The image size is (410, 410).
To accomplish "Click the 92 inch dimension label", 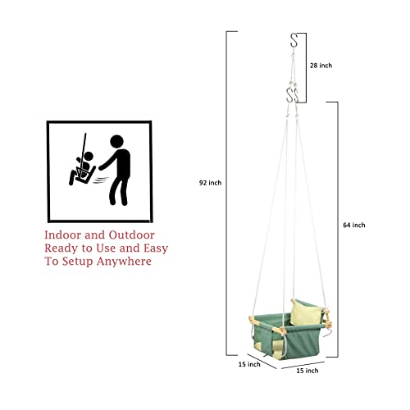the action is click(x=210, y=183).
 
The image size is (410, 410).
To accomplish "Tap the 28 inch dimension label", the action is click(x=321, y=66).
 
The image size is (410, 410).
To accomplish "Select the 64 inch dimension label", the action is click(x=354, y=225).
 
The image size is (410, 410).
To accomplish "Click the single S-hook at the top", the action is click(x=294, y=40).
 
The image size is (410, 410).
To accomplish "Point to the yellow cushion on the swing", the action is click(x=306, y=312).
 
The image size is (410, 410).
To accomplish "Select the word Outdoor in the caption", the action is click(x=132, y=235).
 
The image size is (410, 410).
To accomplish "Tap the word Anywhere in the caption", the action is click(x=124, y=262).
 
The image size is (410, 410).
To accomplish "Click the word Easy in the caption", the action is click(x=156, y=248).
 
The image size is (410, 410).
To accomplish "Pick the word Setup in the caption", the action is click(x=77, y=262).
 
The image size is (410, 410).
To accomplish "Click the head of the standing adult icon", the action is click(x=116, y=142).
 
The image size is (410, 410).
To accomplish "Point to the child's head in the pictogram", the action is click(x=89, y=157).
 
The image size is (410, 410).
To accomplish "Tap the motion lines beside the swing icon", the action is click(x=100, y=180).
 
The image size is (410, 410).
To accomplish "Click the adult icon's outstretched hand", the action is click(x=101, y=167).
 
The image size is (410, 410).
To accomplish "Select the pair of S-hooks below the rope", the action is click(x=293, y=95).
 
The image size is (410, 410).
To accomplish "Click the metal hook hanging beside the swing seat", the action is click(x=328, y=334).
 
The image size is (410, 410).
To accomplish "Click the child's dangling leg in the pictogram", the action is click(x=72, y=178).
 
